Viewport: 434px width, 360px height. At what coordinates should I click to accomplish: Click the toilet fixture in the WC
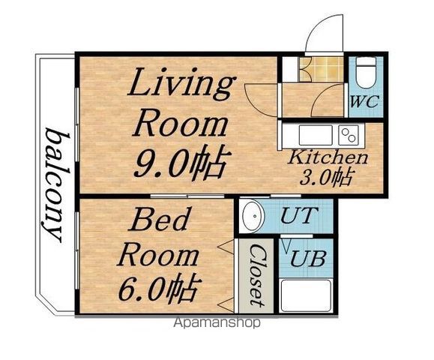coord(366,72)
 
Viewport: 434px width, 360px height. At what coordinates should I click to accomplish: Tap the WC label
coord(364,101)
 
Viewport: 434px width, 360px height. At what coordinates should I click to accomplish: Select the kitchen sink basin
coord(316,135)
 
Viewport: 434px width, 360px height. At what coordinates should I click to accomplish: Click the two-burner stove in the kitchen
coord(349,135)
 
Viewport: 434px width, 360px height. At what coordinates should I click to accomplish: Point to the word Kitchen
coord(328,157)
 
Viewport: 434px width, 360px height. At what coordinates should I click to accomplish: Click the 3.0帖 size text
coord(326,178)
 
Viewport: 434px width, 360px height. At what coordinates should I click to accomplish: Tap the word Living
coord(181,84)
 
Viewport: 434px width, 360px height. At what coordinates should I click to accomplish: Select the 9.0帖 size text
coord(182,161)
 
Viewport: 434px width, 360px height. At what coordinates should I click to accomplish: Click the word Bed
coord(160,219)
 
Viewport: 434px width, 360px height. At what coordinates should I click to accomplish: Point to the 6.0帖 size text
coord(160,287)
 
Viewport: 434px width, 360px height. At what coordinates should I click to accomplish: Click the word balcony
coord(55,184)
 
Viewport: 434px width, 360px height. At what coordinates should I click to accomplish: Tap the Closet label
coord(257,276)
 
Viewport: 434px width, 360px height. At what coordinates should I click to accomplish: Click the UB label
coord(308,259)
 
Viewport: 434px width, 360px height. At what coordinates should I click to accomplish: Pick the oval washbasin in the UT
coord(252,215)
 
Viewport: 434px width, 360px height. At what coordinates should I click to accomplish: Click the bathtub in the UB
coord(307,296)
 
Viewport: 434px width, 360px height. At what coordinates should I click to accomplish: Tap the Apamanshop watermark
coord(217,322)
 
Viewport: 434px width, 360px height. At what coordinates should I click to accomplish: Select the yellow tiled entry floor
coord(322,69)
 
